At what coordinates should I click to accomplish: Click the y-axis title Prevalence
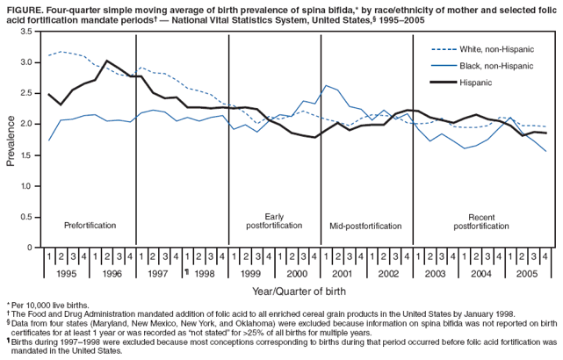11,140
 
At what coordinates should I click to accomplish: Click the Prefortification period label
90,226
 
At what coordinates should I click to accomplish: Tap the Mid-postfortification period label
365,226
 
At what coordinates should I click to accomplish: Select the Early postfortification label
274,221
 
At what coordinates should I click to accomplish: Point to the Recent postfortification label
482,221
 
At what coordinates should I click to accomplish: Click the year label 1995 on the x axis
66,272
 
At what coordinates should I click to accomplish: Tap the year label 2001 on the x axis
343,272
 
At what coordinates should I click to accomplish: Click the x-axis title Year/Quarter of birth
298,291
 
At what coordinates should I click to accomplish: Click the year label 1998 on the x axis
205,272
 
